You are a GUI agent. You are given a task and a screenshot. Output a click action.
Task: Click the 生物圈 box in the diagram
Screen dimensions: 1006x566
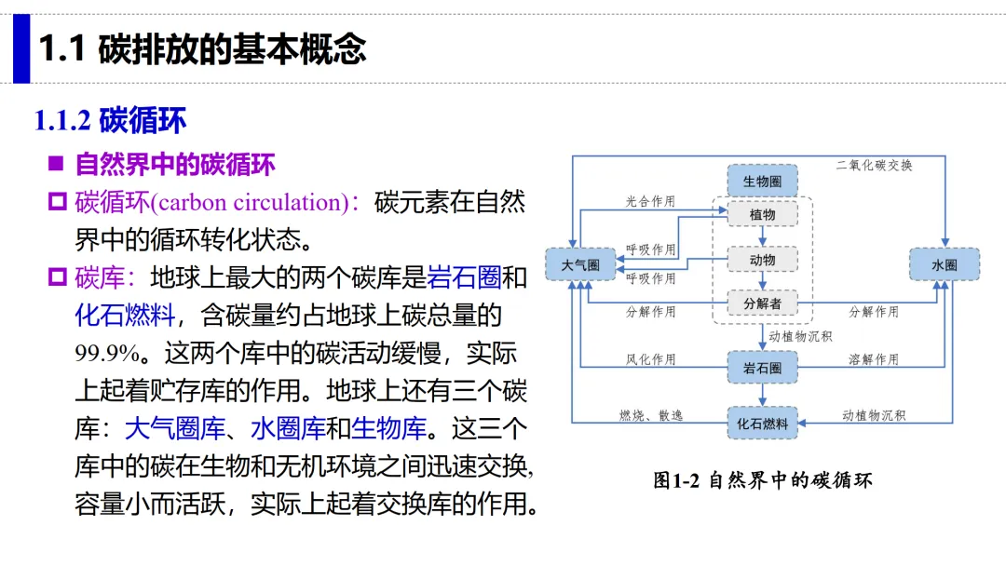(762, 181)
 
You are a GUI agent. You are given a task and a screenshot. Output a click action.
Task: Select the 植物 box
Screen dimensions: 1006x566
(762, 215)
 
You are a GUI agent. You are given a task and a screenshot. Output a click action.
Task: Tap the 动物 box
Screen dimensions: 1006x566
(762, 260)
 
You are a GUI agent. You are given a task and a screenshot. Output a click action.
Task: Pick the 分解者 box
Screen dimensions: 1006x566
(762, 303)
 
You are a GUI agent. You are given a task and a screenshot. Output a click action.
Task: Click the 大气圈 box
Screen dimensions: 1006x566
(580, 264)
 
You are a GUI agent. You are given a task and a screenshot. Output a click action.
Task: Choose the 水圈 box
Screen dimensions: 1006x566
(945, 264)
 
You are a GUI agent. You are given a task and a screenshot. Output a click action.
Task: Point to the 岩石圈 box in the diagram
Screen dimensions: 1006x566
(762, 368)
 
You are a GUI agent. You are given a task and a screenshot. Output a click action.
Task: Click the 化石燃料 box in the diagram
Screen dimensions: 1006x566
(762, 423)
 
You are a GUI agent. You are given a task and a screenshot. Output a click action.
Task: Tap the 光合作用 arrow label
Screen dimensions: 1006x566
(650, 201)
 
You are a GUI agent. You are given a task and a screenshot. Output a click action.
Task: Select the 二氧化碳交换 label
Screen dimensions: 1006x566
(874, 166)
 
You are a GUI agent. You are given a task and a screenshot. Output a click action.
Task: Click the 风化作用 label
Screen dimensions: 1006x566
(650, 359)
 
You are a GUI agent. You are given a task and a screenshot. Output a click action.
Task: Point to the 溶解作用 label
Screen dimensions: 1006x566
(874, 359)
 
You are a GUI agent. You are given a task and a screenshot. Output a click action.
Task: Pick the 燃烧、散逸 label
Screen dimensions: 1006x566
(650, 416)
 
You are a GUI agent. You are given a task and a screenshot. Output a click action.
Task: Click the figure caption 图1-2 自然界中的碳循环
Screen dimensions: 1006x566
(763, 480)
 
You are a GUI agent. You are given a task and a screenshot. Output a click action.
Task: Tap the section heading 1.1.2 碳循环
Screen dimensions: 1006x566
(110, 120)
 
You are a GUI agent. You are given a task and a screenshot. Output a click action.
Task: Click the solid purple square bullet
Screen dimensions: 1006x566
(56, 164)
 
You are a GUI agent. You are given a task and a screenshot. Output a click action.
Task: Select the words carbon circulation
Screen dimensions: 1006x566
(250, 203)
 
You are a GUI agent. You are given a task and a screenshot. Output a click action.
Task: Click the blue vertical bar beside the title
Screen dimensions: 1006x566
(21, 48)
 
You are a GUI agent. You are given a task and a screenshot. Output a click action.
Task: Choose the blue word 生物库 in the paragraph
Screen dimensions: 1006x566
(388, 428)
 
